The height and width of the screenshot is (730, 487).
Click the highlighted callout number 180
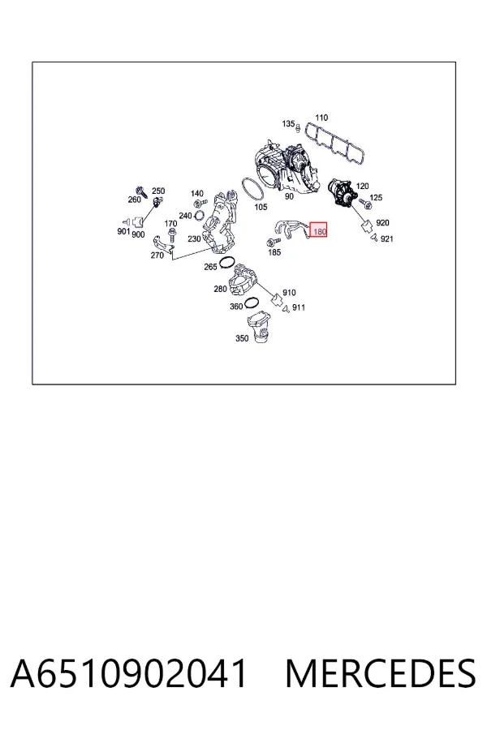coord(320,231)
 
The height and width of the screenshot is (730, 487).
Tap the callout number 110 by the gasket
coord(321,118)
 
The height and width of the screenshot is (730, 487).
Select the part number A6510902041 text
coord(128,673)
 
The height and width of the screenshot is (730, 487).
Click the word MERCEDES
coord(381,673)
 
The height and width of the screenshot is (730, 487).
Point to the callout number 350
coord(242,338)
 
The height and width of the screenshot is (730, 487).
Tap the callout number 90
coord(290,196)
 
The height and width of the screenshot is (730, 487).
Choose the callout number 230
coord(194,238)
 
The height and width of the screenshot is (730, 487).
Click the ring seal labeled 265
coord(226,262)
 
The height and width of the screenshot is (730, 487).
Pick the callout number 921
coord(387,238)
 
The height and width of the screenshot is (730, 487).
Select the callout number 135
coord(288,123)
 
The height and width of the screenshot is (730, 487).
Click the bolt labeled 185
coord(273,242)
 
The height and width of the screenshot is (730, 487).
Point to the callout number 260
coord(134,200)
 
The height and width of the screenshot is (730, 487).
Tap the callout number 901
coord(123,231)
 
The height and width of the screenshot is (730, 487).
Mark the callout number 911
coord(299,307)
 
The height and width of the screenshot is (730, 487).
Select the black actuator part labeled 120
coord(341,192)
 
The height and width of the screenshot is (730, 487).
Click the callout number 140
coord(197,193)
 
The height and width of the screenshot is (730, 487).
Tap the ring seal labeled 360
coord(251,303)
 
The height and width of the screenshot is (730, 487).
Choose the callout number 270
coord(157,255)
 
